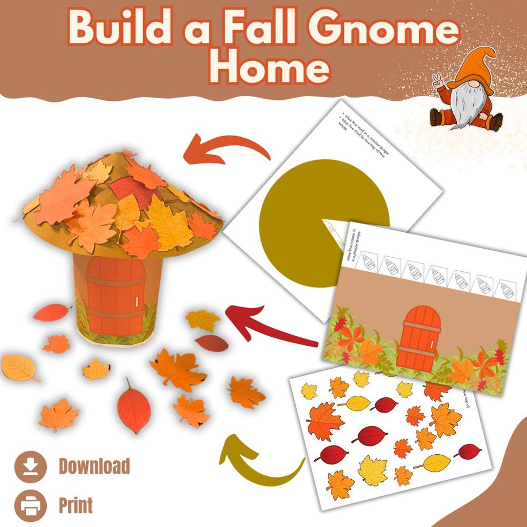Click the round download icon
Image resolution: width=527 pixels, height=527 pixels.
[30, 467]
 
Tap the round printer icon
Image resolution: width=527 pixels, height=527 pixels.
[30, 506]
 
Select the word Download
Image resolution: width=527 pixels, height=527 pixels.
[94, 466]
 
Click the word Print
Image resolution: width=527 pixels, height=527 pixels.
[76, 506]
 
